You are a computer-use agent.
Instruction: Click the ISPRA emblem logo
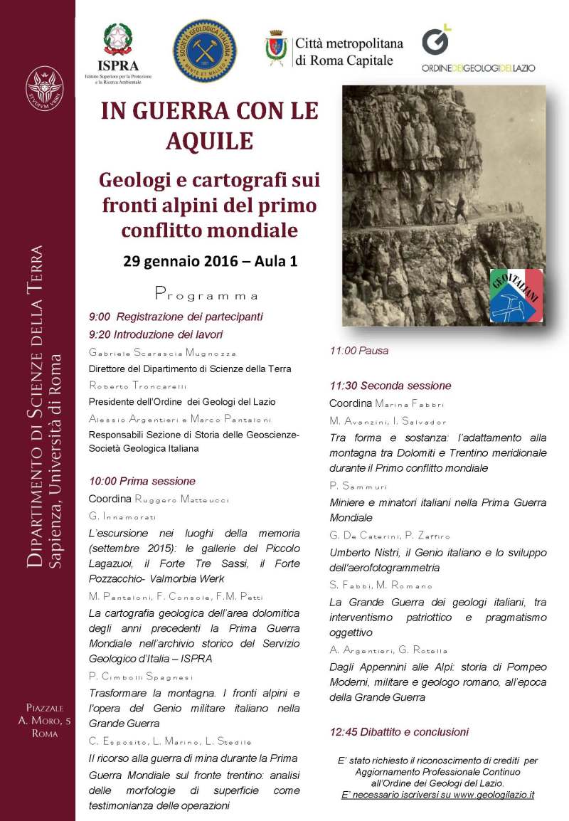pyautogui.click(x=117, y=39)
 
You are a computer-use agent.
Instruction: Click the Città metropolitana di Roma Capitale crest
pyautogui.click(x=275, y=48)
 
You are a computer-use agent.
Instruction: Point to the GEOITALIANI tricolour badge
pyautogui.click(x=516, y=295)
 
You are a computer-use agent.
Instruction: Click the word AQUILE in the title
pyautogui.click(x=209, y=141)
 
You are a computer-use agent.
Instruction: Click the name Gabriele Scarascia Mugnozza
pyautogui.click(x=163, y=352)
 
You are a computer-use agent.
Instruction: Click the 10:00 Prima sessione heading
pyautogui.click(x=142, y=482)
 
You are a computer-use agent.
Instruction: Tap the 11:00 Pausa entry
pyautogui.click(x=358, y=350)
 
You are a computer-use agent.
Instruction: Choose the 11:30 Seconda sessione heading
pyautogui.click(x=390, y=386)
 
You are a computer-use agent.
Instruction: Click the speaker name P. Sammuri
pyautogui.click(x=357, y=486)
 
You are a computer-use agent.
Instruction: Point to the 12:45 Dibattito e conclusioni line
pyautogui.click(x=399, y=731)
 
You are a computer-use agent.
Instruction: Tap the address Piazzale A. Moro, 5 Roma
pyautogui.click(x=45, y=721)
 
